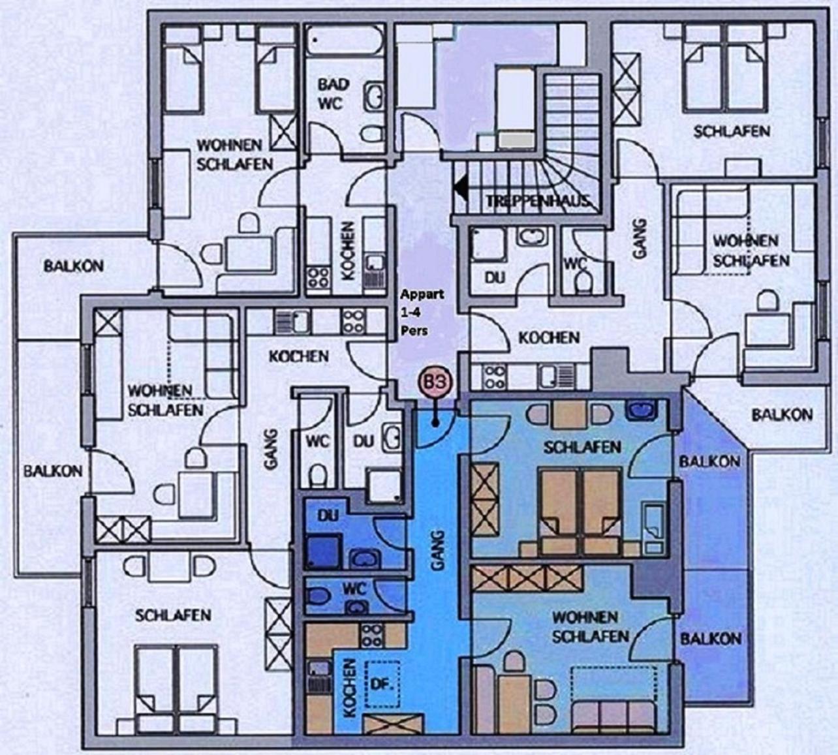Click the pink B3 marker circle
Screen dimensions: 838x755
pyautogui.click(x=436, y=382)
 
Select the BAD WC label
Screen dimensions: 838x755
pyautogui.click(x=334, y=93)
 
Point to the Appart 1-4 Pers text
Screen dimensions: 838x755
pyautogui.click(x=421, y=312)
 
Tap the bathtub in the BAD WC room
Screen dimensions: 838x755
pyautogui.click(x=345, y=41)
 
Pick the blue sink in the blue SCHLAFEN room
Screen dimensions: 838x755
pyautogui.click(x=641, y=408)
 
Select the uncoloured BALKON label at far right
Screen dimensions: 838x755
pyautogui.click(x=783, y=414)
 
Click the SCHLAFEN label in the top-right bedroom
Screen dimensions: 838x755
pyautogui.click(x=732, y=132)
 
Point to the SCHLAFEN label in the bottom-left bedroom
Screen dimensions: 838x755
pyautogui.click(x=173, y=615)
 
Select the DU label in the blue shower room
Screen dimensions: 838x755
pyautogui.click(x=328, y=516)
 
